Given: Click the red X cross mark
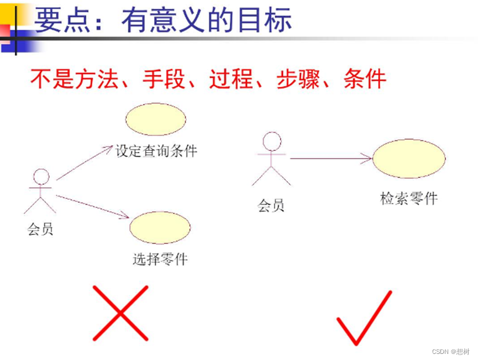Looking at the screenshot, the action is (120, 312).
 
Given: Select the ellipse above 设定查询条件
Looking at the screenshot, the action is (156, 119).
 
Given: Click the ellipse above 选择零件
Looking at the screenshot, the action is (160, 227).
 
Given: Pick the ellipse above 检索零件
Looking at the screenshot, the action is (409, 159).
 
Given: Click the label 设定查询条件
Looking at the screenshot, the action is (156, 151).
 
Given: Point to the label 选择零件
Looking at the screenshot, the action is (160, 259).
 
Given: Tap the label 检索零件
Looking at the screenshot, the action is (408, 198).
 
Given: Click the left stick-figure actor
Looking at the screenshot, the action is (40, 191).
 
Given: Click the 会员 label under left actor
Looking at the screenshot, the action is (40, 228).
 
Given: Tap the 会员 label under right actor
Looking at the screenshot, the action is (271, 206).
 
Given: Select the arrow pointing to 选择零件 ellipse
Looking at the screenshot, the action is (92, 206).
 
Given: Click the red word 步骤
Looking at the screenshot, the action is (298, 79).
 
